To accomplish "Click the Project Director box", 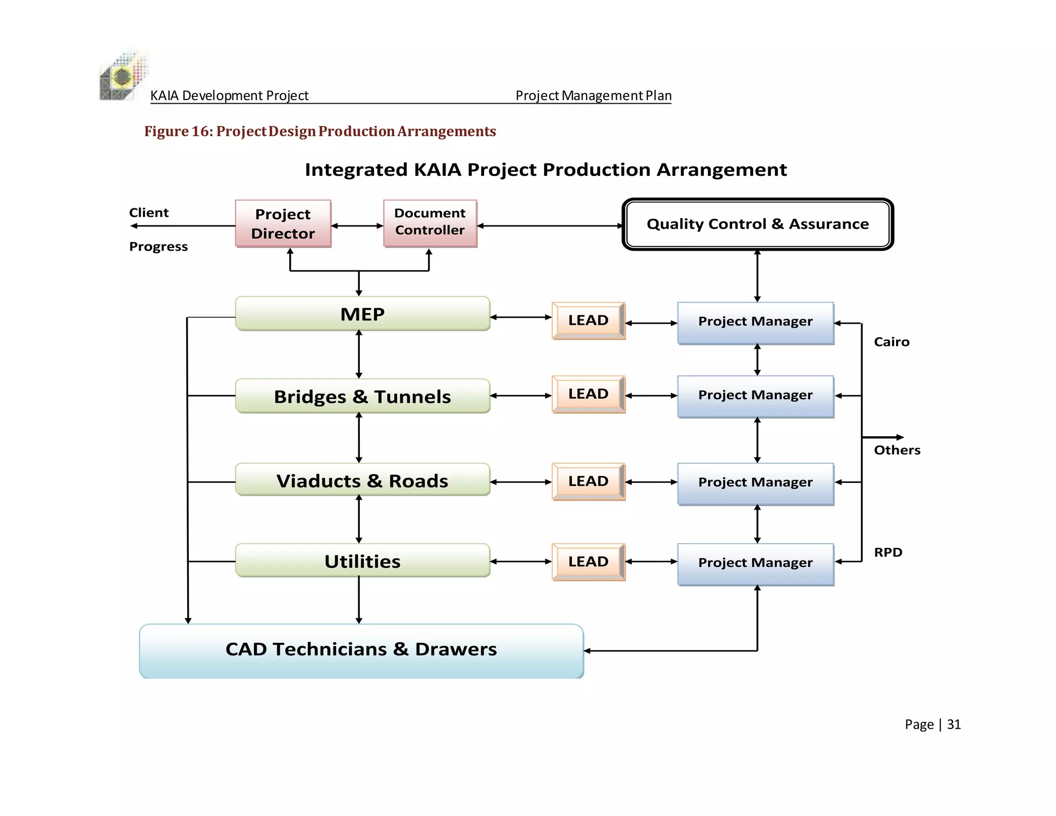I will (283, 223).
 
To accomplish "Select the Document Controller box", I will (430, 223).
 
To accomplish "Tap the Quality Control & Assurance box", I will (757, 224).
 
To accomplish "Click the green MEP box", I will (362, 314).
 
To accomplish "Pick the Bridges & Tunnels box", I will (362, 396).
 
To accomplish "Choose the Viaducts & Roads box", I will (362, 480).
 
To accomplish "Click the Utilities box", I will (362, 561).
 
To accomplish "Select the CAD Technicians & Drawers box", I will (361, 650).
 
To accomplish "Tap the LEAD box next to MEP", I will (588, 320).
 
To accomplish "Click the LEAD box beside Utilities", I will (588, 562).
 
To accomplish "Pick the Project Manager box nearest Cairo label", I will (755, 322).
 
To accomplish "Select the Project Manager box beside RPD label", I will (755, 563).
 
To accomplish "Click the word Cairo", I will (891, 342).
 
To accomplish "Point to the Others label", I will (897, 450).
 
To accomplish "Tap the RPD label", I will (888, 552).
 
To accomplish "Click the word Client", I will (148, 213).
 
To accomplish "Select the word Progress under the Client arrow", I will (158, 247).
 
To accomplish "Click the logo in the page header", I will (122, 76).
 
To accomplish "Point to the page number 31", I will (953, 725).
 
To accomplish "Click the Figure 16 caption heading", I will (320, 132).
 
